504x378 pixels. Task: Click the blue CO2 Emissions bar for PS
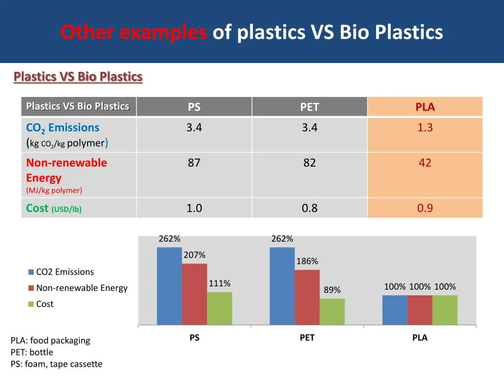[169, 285]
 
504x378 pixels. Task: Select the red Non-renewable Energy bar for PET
[307, 297]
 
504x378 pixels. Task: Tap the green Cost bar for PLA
[445, 310]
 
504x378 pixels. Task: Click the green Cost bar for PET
[332, 312]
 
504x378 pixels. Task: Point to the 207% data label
[194, 255]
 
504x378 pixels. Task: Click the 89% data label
[332, 290]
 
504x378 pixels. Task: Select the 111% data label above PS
[220, 283]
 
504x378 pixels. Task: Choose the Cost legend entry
[44, 304]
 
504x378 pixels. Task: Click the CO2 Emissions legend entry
[64, 272]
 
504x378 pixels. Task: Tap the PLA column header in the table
[425, 107]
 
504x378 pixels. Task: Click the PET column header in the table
[310, 107]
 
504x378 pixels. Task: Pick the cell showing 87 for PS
[194, 163]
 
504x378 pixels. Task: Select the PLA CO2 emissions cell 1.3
[425, 128]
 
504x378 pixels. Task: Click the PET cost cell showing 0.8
[310, 208]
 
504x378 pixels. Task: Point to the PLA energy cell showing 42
[425, 163]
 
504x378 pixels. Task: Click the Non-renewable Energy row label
[66, 170]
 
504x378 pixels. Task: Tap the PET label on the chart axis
[307, 338]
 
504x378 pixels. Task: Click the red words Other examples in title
[133, 32]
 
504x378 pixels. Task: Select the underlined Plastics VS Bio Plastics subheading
[78, 77]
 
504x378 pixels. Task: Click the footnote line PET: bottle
[31, 352]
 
